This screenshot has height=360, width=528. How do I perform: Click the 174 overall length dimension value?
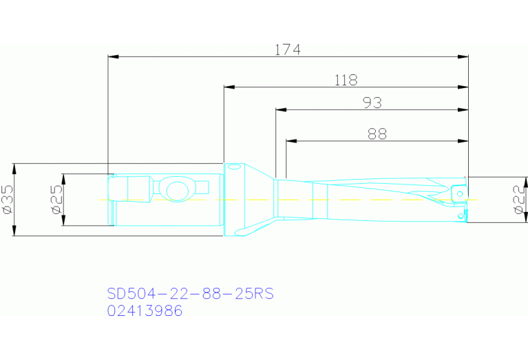(x=288, y=50)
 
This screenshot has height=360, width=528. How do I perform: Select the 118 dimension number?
(x=346, y=81)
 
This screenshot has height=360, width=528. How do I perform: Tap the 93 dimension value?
(x=372, y=103)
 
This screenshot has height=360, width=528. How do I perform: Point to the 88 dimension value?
(x=377, y=134)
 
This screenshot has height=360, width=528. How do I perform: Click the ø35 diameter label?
(x=8, y=199)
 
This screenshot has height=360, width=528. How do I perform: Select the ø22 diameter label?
(x=520, y=200)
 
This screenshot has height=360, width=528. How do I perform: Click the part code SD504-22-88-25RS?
(x=191, y=294)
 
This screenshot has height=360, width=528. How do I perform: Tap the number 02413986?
(x=145, y=311)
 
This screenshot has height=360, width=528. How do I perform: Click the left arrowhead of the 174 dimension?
(x=114, y=56)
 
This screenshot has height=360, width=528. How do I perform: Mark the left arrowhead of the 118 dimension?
(x=229, y=87)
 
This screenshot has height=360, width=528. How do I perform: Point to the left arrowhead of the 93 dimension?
(x=280, y=109)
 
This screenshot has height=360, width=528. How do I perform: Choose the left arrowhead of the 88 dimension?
(x=291, y=141)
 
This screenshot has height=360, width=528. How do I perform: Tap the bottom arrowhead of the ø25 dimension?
(x=63, y=221)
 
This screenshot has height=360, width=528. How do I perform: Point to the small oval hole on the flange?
(x=235, y=167)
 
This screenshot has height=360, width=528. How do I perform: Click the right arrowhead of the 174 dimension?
(x=463, y=56)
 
